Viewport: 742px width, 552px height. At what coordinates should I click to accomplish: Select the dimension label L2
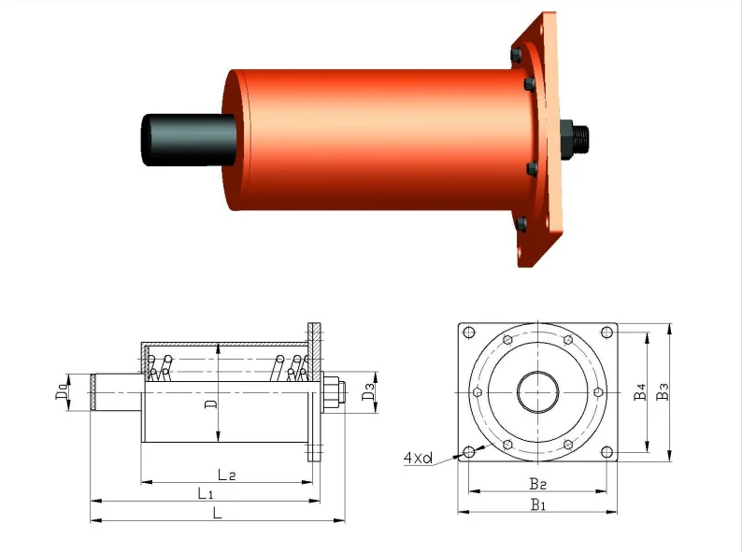227,475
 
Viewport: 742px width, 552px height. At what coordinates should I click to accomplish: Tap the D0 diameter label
61,391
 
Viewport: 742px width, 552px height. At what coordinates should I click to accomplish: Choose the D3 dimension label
369,391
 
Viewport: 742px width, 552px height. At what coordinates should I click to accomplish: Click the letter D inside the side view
211,403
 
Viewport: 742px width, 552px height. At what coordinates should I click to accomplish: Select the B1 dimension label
537,505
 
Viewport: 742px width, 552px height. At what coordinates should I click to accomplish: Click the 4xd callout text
418,458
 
